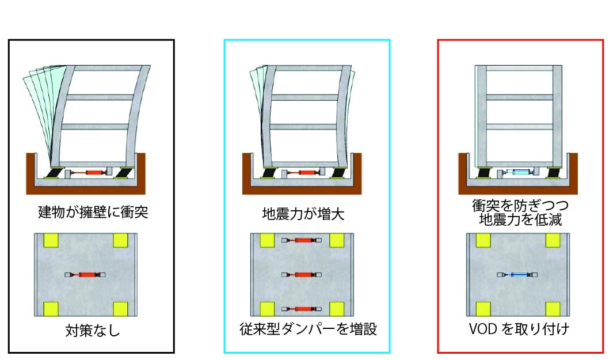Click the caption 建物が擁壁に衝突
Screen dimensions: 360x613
[x=93, y=213]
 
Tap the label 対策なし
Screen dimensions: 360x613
[x=93, y=331]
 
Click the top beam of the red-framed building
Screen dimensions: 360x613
[x=517, y=68]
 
